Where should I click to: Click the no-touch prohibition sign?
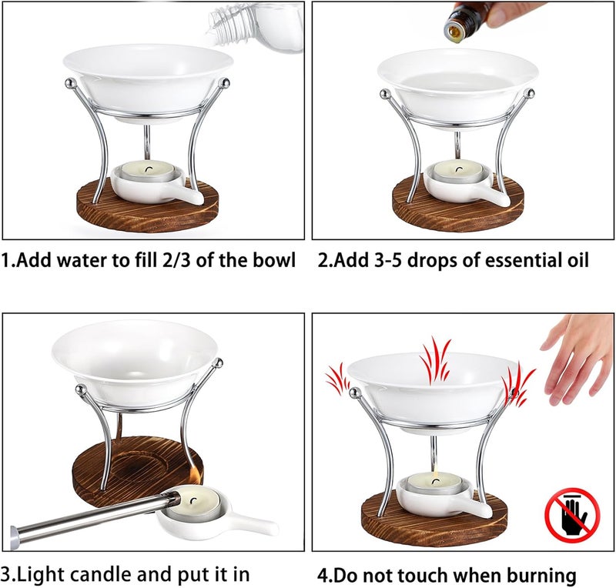[572, 515]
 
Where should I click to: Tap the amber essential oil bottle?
[467, 21]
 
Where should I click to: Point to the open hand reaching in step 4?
[577, 358]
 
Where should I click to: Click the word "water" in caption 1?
[82, 260]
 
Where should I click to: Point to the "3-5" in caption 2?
[388, 261]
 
